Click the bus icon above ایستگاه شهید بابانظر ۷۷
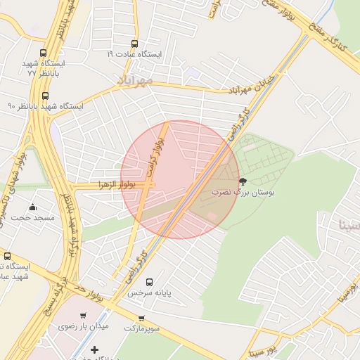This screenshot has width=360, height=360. coord(44,53)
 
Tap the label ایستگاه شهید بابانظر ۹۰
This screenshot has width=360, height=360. coord(45,106)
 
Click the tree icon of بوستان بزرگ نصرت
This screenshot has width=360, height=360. coord(243,181)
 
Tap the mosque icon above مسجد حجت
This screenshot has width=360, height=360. coord(33,207)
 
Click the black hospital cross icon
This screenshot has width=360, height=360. coord(95,349)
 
